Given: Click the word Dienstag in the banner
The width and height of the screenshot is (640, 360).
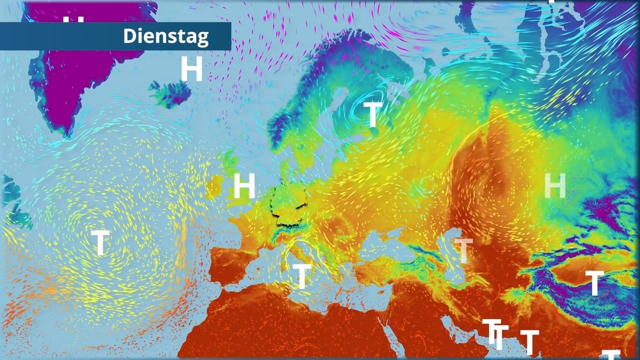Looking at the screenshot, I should pyautogui.click(x=166, y=36).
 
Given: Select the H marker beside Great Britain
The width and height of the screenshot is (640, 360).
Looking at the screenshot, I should pyautogui.click(x=244, y=186).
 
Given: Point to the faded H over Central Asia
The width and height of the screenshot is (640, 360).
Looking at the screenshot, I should pyautogui.click(x=555, y=186).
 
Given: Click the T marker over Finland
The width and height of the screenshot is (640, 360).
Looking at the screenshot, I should pyautogui.click(x=372, y=114).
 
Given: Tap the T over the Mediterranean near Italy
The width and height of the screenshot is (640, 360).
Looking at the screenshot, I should pyautogui.click(x=302, y=276).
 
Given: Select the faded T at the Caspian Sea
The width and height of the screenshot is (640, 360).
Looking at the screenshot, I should pyautogui.click(x=463, y=250).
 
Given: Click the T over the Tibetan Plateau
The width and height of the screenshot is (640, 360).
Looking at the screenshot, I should pyautogui.click(x=594, y=283).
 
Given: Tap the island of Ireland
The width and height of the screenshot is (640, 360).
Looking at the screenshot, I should pyautogui.click(x=214, y=186).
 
